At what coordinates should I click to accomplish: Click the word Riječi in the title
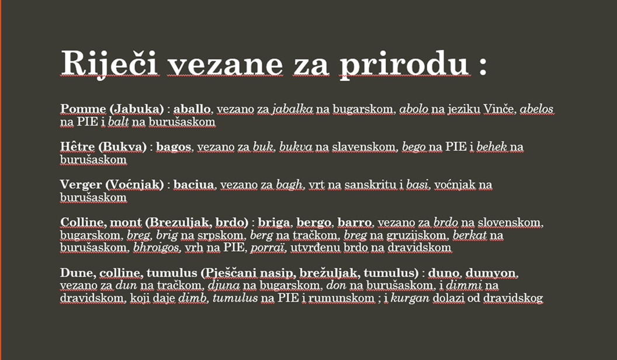tap(109, 63)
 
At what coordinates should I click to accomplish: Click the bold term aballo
tap(192, 109)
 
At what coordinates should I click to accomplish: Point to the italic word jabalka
tap(292, 109)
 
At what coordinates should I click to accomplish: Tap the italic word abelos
tap(537, 109)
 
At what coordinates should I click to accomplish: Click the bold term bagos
tap(174, 147)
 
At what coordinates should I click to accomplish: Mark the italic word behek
tap(491, 147)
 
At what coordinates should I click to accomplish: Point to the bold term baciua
tap(194, 185)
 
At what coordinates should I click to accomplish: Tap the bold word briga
tap(274, 223)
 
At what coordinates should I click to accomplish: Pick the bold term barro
tap(354, 223)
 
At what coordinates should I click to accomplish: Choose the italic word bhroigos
tap(157, 248)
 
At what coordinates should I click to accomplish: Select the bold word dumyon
tap(491, 273)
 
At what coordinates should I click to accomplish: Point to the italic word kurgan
tap(410, 298)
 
